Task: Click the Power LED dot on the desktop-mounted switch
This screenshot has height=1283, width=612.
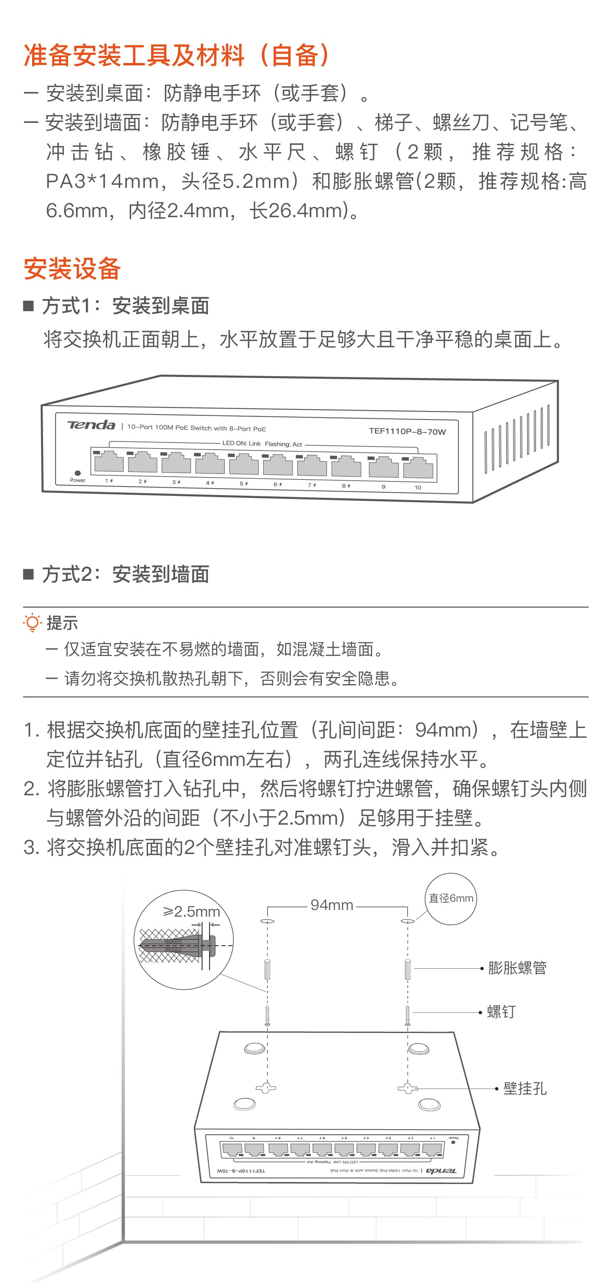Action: click(x=77, y=473)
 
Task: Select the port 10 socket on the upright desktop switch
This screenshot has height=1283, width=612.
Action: click(x=418, y=469)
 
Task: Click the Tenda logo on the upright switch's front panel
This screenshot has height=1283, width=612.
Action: click(x=91, y=425)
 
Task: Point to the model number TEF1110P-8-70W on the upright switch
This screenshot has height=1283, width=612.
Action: click(x=407, y=431)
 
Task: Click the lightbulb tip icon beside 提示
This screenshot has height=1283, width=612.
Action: click(x=32, y=623)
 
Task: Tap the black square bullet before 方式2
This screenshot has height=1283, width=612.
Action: click(x=29, y=574)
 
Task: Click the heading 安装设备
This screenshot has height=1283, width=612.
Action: click(x=72, y=269)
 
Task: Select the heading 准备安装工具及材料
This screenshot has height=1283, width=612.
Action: click(x=135, y=55)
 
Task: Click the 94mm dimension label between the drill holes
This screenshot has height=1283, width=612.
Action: click(x=332, y=905)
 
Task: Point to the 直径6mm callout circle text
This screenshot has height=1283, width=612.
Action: click(x=451, y=898)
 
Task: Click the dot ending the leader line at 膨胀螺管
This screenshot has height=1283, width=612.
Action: click(x=482, y=968)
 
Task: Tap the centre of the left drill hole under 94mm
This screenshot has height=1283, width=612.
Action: click(x=267, y=921)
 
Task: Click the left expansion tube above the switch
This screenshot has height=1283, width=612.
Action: click(x=267, y=969)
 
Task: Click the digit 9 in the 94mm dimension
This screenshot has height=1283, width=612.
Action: click(x=316, y=905)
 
